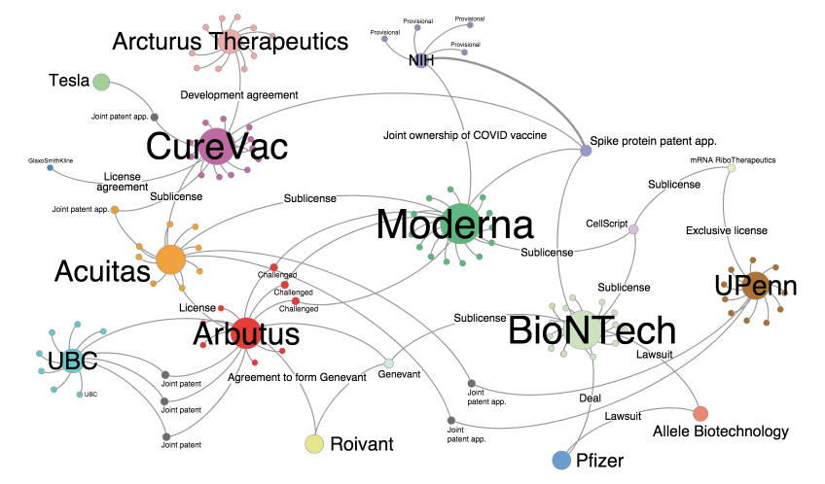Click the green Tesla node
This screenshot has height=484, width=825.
(101, 83)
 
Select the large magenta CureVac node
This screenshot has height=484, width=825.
(216, 146)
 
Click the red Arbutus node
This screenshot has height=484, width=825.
(246, 333)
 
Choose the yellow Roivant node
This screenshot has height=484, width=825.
(314, 444)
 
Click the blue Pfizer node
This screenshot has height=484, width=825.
(561, 460)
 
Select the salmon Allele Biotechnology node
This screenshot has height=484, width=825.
(700, 414)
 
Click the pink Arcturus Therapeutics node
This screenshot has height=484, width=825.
(231, 41)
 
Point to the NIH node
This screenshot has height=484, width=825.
(420, 60)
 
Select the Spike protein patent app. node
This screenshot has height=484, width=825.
(586, 151)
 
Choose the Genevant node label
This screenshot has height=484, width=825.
(398, 373)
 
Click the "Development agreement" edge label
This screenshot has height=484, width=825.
(239, 94)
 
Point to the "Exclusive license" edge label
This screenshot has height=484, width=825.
(727, 230)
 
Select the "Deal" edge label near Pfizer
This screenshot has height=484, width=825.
(589, 398)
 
